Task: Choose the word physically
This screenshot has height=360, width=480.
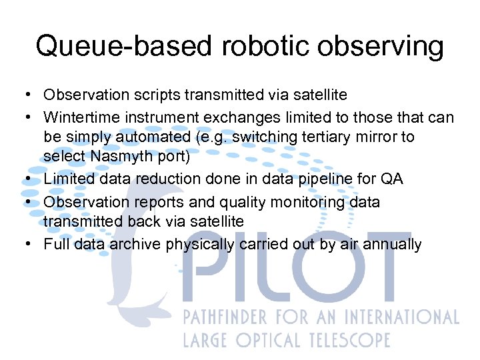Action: click(x=198, y=245)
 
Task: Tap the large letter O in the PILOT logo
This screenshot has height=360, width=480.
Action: click(x=337, y=273)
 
